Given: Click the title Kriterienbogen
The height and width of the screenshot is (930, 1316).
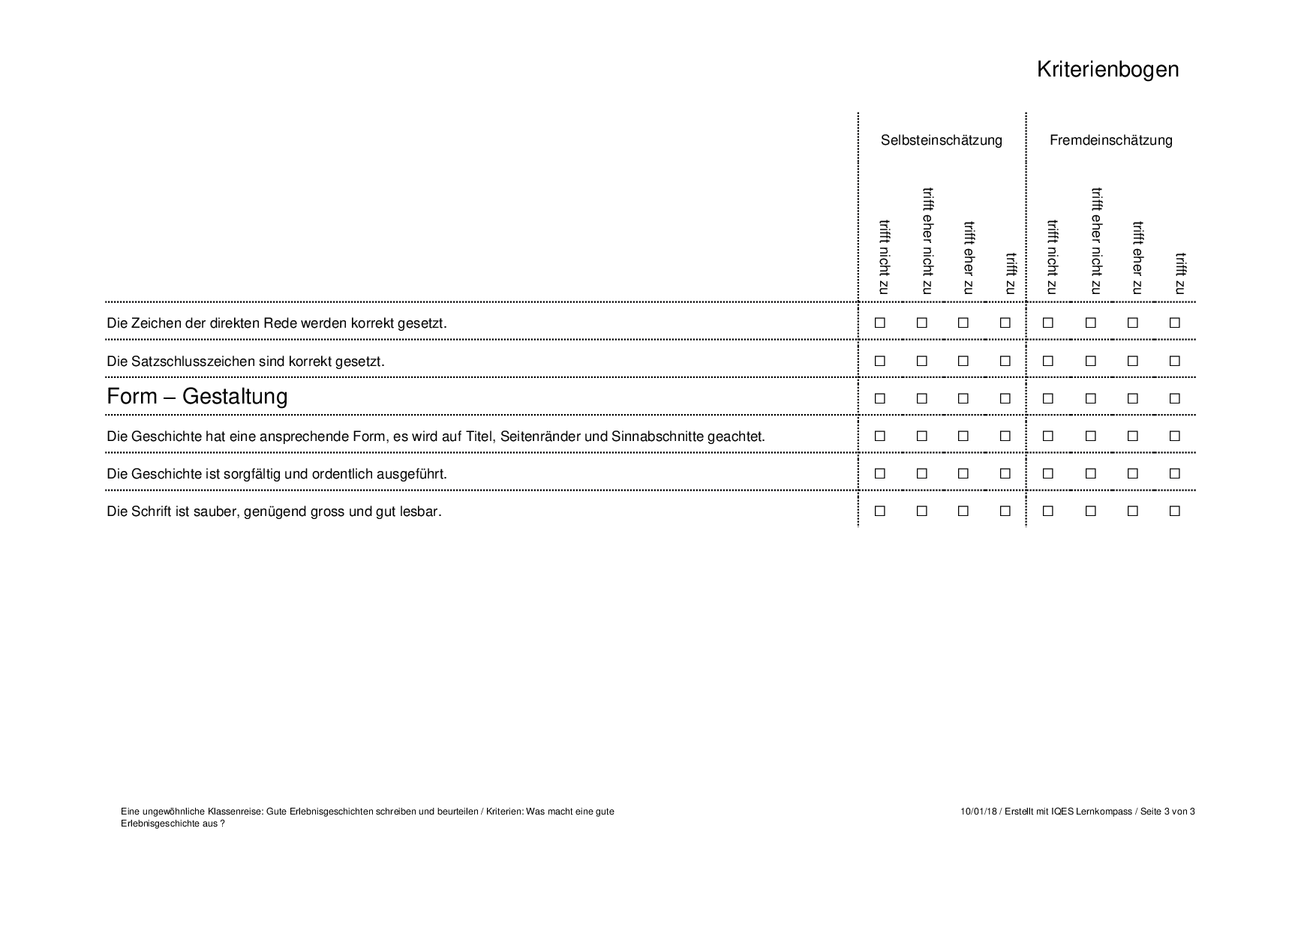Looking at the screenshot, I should pos(1107,69).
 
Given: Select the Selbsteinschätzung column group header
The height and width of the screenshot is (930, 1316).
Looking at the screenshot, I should pos(941,140).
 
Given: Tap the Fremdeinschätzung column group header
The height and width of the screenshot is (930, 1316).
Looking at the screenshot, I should pos(1110,140).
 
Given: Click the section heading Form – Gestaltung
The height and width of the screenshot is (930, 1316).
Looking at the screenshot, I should pos(197,396).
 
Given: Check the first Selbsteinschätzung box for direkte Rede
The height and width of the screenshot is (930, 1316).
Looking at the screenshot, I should pos(879,323).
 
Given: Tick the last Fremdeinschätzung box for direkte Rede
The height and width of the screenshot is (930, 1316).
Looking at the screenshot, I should pos(1174,323).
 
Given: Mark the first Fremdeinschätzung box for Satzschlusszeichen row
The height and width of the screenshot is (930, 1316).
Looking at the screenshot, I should pos(1047,361).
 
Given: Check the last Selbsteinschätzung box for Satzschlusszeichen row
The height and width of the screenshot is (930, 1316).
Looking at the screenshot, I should pos(1005,361).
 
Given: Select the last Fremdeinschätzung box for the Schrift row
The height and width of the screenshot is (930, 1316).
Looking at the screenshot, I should pos(1174,511).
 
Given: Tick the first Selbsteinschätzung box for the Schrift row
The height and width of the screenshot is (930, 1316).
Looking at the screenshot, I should pos(879,511).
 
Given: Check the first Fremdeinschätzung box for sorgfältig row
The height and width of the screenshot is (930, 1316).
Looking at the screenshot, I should pos(1047,473).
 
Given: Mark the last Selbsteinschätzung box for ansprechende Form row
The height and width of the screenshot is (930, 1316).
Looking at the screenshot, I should pos(1005,436).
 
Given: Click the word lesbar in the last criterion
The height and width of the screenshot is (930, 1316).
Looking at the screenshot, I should pos(422,511).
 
